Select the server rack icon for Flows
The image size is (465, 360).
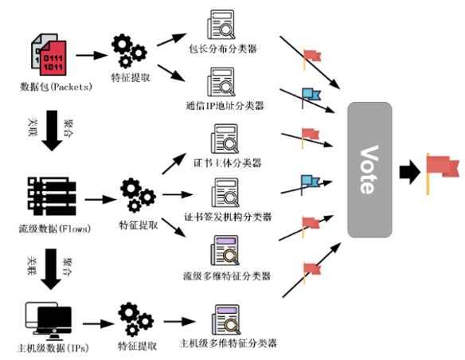[x=49, y=194]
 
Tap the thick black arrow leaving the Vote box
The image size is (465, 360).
[x=408, y=170]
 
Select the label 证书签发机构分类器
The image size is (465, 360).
[x=227, y=216]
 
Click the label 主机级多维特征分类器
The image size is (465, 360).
[x=228, y=344]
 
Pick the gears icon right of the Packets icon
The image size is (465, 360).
[x=128, y=49]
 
